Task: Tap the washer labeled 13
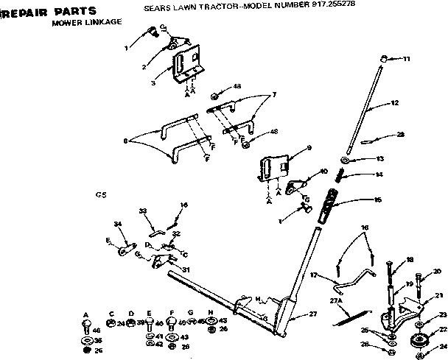pos(346,160)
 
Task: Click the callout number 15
pos(378,200)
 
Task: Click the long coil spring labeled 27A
pos(351,317)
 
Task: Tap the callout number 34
pos(117,224)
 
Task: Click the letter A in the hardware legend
pos(85,313)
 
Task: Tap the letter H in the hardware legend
pos(211,313)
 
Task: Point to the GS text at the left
pos(101,195)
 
